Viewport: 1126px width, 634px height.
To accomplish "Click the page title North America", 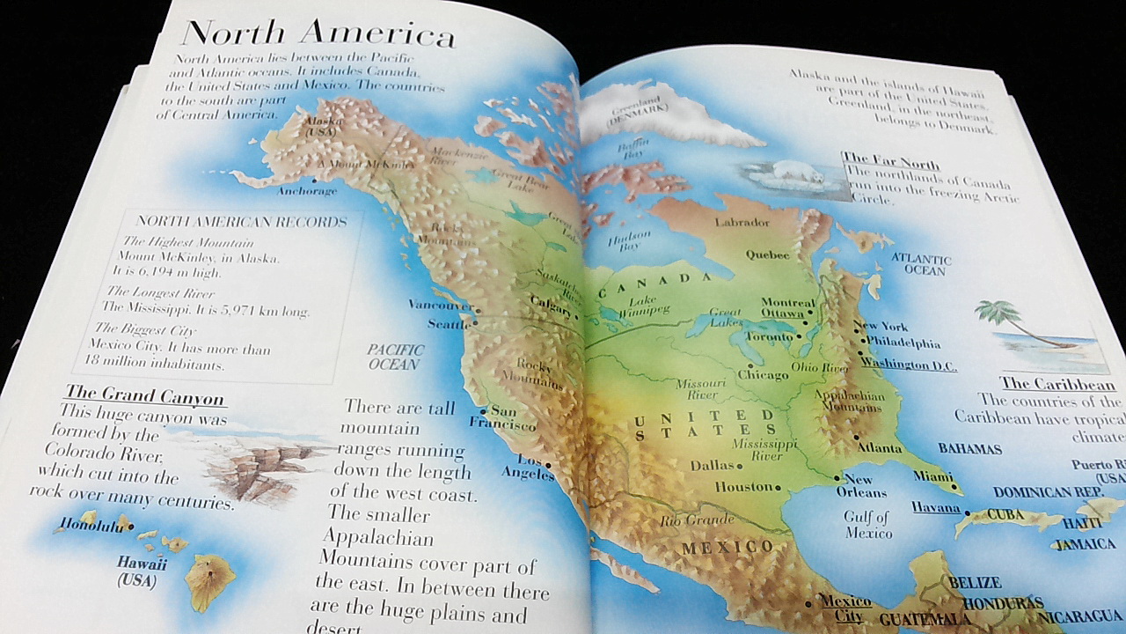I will click(x=318, y=33).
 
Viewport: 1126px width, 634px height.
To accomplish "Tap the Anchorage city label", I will click(x=307, y=190).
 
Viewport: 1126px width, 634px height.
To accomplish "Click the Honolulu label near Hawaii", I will click(x=91, y=526).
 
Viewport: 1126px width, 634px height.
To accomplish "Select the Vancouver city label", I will click(x=441, y=306).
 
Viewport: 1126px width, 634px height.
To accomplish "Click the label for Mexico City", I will click(x=845, y=608).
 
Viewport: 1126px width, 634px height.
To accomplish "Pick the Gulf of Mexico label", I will click(x=867, y=525).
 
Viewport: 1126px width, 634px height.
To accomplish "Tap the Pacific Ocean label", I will click(x=395, y=357).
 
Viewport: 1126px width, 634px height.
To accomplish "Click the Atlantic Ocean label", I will click(x=921, y=264).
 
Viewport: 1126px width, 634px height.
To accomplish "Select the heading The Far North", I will click(x=892, y=164).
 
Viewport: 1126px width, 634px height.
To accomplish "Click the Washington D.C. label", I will click(x=909, y=363).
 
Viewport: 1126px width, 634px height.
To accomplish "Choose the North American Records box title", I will click(x=242, y=221).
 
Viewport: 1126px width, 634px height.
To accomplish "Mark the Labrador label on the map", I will click(x=742, y=222).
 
